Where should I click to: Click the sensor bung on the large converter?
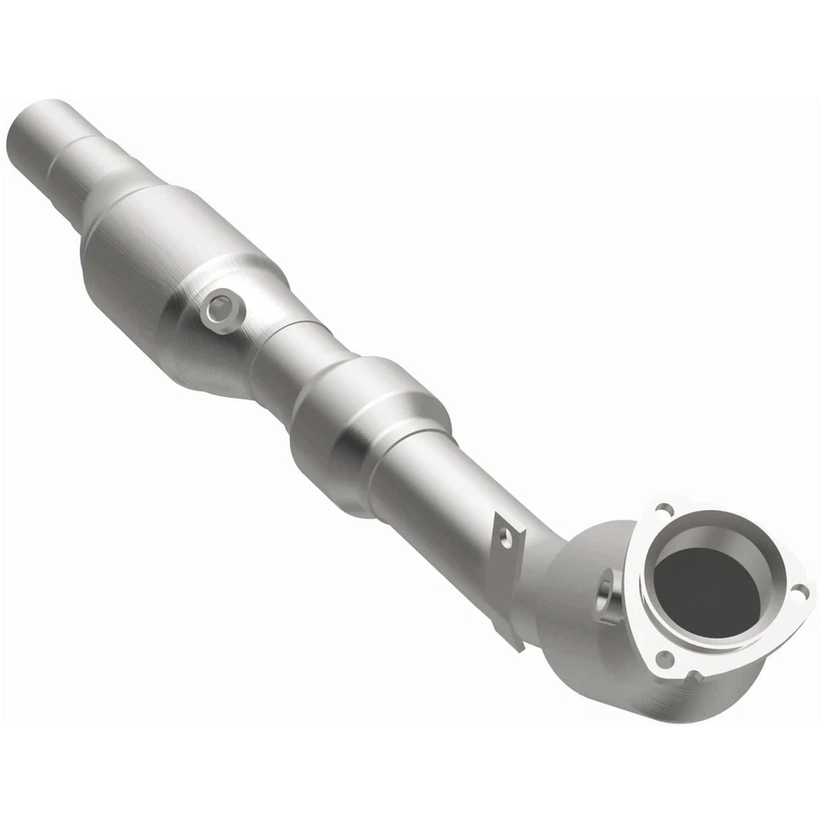pyautogui.click(x=221, y=308)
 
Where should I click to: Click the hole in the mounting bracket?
pyautogui.click(x=507, y=538)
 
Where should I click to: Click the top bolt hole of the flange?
pyautogui.click(x=660, y=509)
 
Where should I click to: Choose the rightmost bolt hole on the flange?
pyautogui.click(x=799, y=591)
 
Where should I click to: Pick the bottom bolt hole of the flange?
pyautogui.click(x=664, y=658)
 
